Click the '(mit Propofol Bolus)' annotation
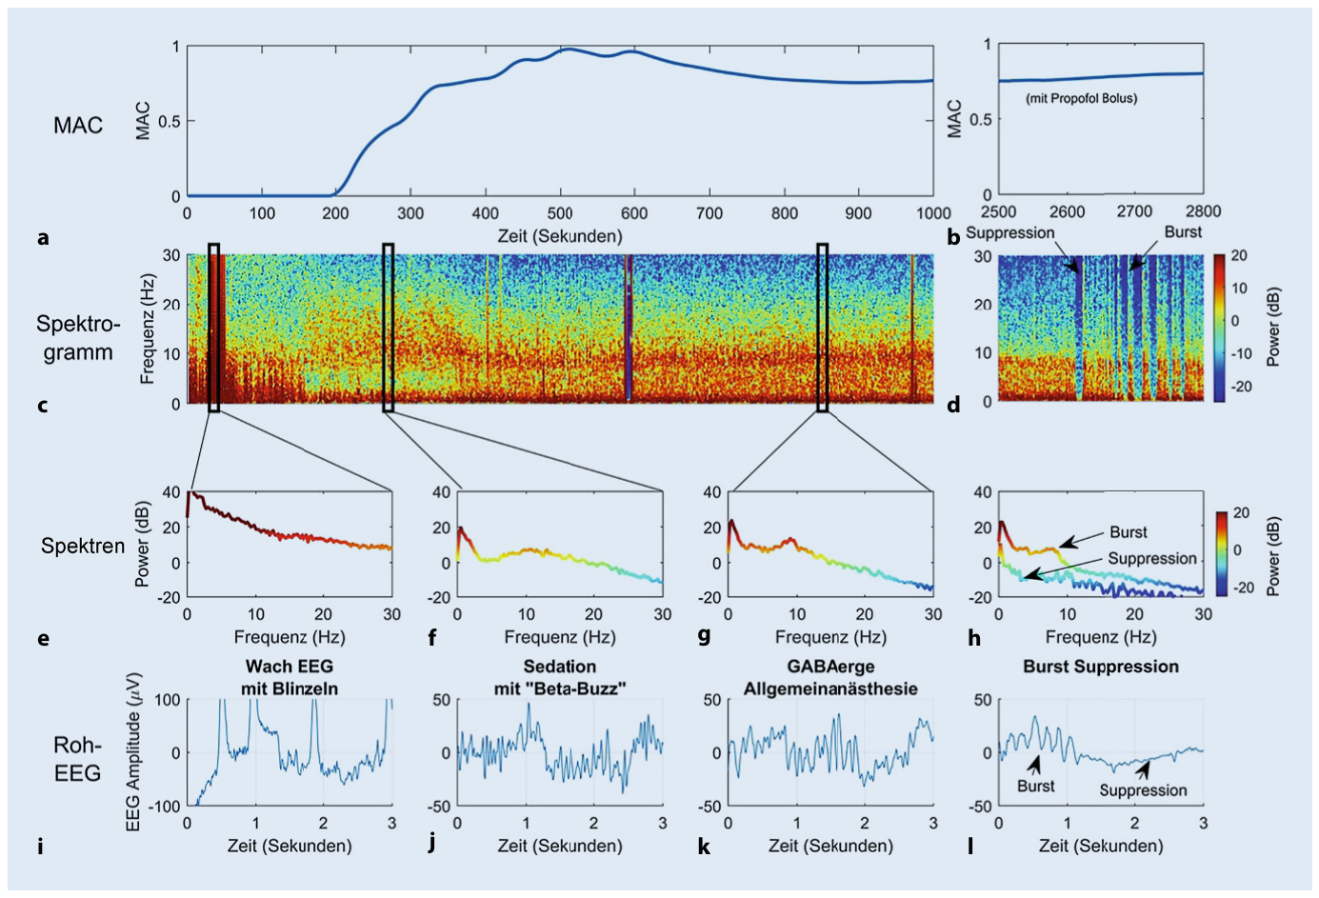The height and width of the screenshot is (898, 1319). tap(1081, 98)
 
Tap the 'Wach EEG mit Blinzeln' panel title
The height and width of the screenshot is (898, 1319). tap(290, 677)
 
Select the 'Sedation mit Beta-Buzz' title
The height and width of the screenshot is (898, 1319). tap(560, 677)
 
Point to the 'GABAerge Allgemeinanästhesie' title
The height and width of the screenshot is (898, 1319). tap(830, 677)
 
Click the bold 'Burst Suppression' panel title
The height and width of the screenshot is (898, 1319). tap(1101, 667)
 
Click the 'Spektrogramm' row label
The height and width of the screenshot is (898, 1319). tap(78, 338)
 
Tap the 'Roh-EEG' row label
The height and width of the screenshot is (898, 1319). tap(77, 758)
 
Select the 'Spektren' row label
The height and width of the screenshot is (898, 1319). tap(83, 546)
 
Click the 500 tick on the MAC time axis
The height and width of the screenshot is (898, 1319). tap(560, 212)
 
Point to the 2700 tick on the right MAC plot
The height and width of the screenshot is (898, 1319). tap(1134, 211)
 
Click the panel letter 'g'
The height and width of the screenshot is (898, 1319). tap(704, 636)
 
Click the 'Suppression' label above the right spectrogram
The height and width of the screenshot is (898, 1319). tap(1009, 232)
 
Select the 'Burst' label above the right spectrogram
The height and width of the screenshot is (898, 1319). tap(1183, 232)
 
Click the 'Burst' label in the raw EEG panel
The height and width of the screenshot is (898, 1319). tap(1036, 787)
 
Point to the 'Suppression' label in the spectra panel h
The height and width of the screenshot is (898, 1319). tap(1152, 558)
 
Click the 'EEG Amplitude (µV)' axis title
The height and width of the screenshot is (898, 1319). tap(133, 751)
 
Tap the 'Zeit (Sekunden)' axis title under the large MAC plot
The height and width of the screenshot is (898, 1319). tap(560, 236)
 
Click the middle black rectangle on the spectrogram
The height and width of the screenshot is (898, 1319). tap(388, 328)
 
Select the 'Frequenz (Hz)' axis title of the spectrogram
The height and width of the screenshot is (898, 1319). tap(147, 329)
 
